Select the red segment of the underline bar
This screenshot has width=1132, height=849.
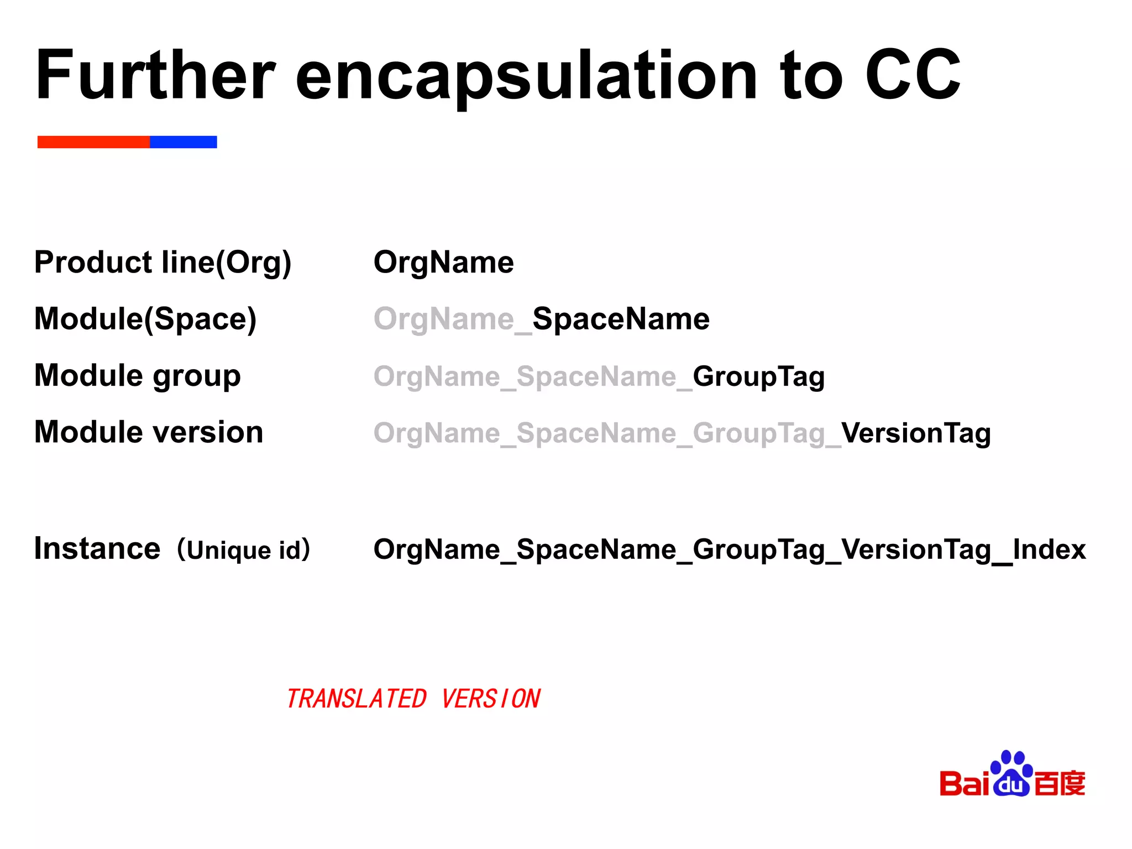[93, 142]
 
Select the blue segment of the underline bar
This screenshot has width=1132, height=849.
[183, 142]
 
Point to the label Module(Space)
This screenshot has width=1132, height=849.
[145, 319]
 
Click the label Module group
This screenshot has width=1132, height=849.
[138, 375]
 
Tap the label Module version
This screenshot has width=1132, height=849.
[149, 432]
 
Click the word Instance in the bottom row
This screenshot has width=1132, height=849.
[97, 548]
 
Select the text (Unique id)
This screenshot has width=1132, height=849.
[244, 549]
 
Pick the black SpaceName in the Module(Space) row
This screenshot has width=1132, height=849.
[621, 319]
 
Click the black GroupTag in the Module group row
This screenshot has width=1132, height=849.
[758, 376]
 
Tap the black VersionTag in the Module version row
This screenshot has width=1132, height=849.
[916, 433]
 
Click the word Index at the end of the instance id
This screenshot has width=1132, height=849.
[1049, 549]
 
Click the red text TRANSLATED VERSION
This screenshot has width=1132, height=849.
[413, 699]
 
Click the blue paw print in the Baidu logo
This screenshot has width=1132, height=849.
[1011, 774]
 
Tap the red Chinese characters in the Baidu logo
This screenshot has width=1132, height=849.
[1059, 783]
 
